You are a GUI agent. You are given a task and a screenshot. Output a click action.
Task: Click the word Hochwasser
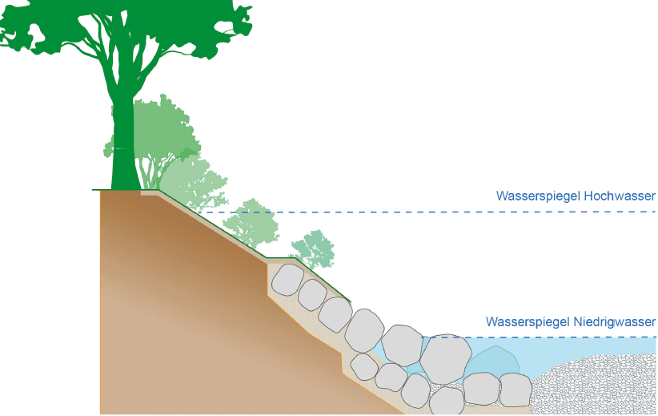tap(620, 196)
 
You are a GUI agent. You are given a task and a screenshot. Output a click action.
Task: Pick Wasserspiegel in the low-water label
tap(528, 321)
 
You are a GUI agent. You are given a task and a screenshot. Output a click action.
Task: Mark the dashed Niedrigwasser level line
tap(560, 337)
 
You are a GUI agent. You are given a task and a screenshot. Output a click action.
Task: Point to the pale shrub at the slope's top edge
tap(192, 184)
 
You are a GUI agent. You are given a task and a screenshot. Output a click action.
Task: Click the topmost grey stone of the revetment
tap(287, 279)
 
